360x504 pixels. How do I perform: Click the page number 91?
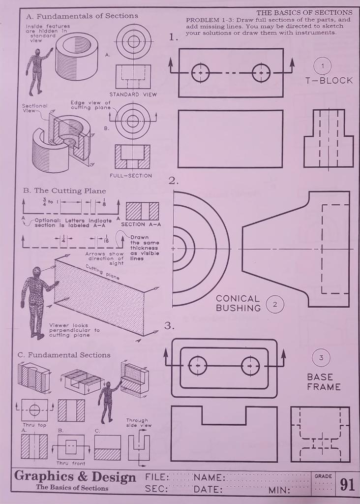(x=347, y=484)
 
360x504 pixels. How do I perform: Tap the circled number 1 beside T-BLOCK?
(x=323, y=66)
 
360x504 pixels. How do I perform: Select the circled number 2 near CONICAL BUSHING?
(x=275, y=305)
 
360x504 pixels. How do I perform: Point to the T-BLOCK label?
(x=329, y=80)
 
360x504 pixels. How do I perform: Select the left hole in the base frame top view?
(x=198, y=366)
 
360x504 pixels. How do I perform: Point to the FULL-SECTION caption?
(x=131, y=175)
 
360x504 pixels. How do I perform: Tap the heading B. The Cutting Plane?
(x=64, y=190)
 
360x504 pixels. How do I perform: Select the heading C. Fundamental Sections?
(x=64, y=355)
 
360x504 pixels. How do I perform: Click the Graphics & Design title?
(x=75, y=477)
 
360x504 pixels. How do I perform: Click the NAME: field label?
(x=209, y=477)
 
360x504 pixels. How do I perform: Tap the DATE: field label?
(x=208, y=490)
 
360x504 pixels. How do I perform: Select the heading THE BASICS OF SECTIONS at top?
(x=304, y=12)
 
